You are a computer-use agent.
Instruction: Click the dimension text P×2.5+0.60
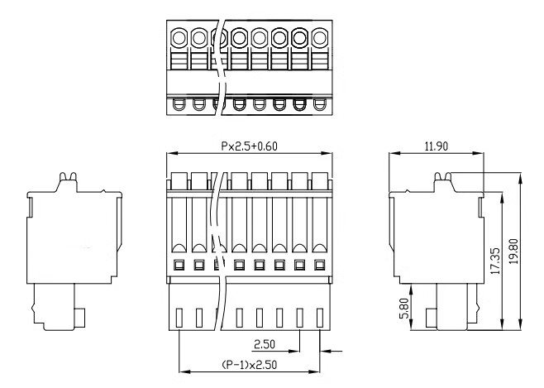coord(249,146)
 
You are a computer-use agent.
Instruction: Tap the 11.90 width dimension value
coord(434,146)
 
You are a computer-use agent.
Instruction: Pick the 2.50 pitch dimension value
coord(264,342)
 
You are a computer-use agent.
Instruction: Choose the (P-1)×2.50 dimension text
coord(250,365)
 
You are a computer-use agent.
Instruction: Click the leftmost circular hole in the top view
coord(179,37)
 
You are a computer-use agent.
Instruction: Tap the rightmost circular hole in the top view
coord(322,37)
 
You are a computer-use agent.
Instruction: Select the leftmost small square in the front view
coord(179,266)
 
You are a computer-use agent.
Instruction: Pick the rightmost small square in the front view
coord(321,266)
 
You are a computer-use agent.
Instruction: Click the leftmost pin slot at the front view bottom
coord(180,317)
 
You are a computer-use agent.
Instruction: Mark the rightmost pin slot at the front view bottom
coord(321,317)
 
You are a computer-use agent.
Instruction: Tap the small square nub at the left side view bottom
coord(83,315)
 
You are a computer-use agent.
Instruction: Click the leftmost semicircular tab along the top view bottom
coord(179,104)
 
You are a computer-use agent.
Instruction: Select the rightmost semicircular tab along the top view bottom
coord(322,104)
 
